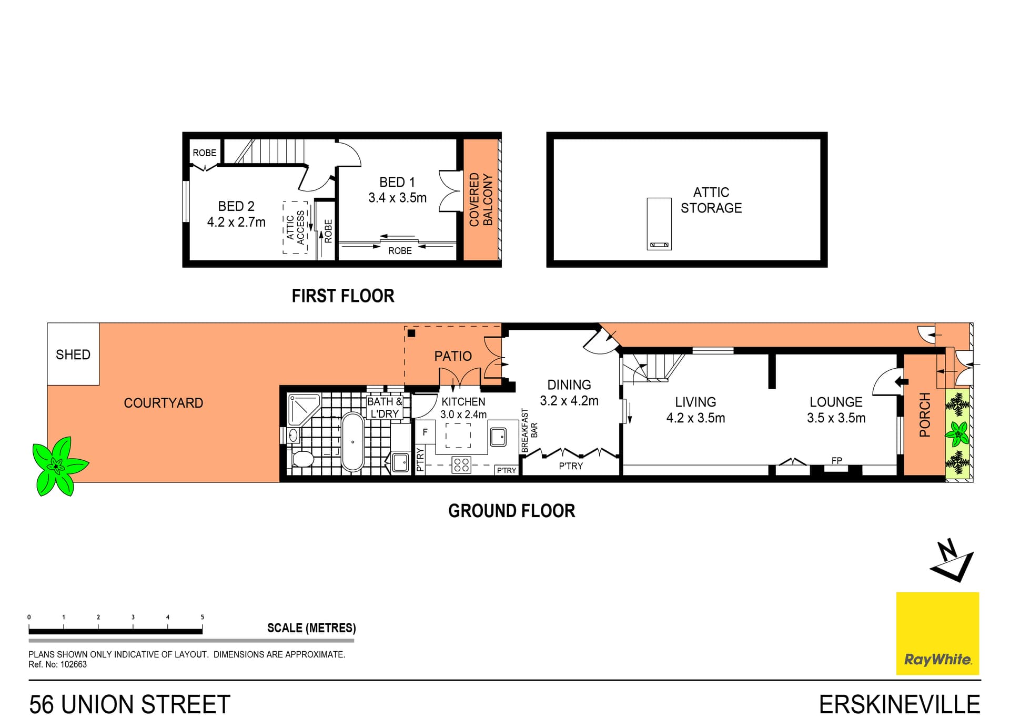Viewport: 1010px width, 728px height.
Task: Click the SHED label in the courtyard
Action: (73, 355)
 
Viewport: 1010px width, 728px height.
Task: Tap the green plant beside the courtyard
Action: (57, 466)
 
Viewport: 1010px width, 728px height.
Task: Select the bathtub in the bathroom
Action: (352, 442)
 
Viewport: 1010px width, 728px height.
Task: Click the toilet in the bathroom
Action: (302, 459)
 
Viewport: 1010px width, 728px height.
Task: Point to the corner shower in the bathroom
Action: (303, 409)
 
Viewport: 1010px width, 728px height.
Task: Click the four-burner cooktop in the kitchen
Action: (461, 465)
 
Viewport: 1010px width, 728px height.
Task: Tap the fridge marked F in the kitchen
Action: (425, 432)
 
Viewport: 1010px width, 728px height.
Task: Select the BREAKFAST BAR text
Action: (529, 430)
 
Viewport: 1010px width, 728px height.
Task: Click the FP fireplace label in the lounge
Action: (836, 461)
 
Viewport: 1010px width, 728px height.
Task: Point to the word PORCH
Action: (924, 414)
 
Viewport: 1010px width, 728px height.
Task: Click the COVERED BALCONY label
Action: (481, 200)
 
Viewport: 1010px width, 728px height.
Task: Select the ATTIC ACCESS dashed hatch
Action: (295, 227)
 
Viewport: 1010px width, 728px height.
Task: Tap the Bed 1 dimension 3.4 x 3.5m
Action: (397, 198)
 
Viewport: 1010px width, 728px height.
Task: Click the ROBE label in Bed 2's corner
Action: (204, 153)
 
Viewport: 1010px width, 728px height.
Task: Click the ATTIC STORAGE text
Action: (711, 200)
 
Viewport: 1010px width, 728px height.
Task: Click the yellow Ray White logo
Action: (937, 633)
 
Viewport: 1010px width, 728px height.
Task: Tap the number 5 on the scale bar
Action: (202, 617)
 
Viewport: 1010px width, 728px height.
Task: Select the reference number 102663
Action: (73, 664)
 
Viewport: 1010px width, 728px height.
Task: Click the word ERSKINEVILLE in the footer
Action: (899, 704)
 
